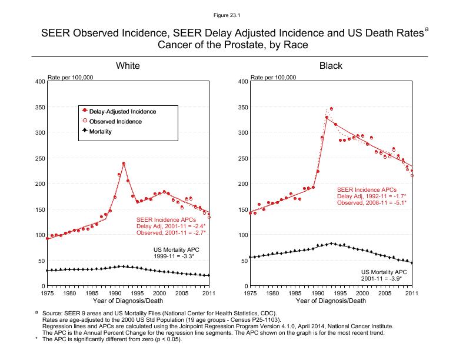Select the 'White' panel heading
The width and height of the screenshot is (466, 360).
click(128, 66)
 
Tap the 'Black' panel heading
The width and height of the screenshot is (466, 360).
click(331, 66)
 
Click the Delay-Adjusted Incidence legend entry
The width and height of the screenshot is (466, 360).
click(127, 111)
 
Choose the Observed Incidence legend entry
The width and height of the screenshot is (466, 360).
click(124, 121)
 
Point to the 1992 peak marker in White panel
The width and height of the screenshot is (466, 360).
click(124, 164)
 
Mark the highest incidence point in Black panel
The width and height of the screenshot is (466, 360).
click(331, 109)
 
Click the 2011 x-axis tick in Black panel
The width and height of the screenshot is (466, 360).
click(412, 293)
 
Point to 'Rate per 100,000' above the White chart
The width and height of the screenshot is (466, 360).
click(70, 77)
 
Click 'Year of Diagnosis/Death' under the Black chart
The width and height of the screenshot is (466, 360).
click(331, 301)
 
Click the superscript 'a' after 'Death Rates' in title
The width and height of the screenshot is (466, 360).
click(426, 28)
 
